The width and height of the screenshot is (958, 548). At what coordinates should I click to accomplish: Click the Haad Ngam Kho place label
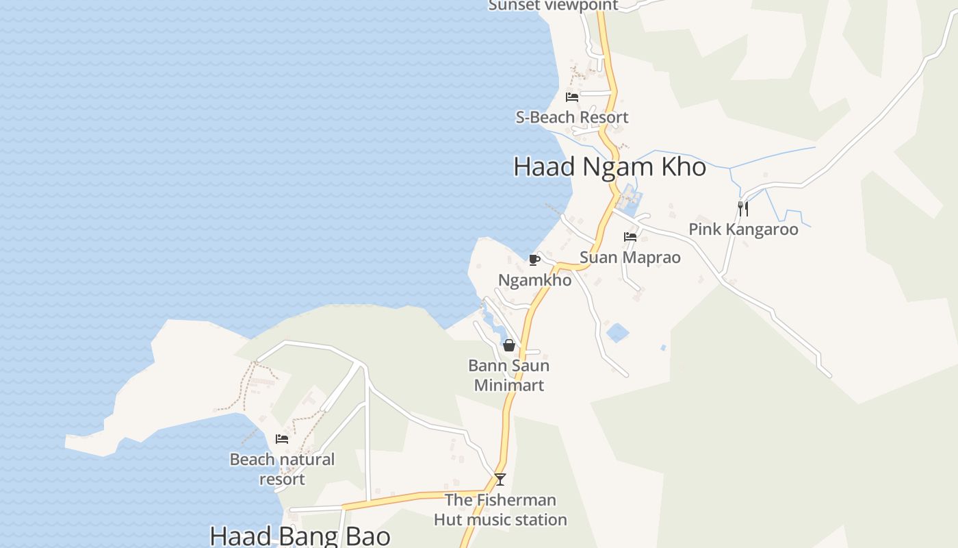tap(610, 167)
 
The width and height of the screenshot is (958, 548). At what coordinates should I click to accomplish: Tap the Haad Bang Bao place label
tap(300, 536)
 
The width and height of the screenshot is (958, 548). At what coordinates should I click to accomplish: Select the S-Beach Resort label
tap(572, 117)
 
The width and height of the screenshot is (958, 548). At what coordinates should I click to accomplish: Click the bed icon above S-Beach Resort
tap(572, 97)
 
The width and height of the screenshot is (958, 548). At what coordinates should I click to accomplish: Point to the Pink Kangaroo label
tap(743, 229)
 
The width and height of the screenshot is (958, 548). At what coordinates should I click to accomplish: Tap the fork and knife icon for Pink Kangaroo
tap(743, 208)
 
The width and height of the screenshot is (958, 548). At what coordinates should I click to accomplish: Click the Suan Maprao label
tap(630, 258)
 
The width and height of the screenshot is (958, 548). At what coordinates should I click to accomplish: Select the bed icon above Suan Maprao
tap(630, 237)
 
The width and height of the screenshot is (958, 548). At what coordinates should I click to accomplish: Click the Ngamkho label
tap(534, 280)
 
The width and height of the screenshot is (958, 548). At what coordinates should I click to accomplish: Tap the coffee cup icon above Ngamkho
tap(534, 260)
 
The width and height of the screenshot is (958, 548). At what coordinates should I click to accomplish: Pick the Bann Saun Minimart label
tap(509, 375)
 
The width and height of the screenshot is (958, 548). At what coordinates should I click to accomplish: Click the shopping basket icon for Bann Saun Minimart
tap(509, 345)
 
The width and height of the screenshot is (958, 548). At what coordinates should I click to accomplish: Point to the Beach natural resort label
tap(282, 469)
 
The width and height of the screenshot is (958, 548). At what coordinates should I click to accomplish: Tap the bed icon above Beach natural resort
tap(282, 439)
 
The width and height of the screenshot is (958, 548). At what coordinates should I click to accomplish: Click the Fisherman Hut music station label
tap(500, 510)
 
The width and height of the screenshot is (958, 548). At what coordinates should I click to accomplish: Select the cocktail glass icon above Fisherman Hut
tap(500, 479)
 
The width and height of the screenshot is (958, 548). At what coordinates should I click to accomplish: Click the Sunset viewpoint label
tap(553, 5)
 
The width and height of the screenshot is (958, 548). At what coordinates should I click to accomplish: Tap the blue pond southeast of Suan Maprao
tap(617, 334)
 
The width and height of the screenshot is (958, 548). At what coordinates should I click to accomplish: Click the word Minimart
tap(509, 385)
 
